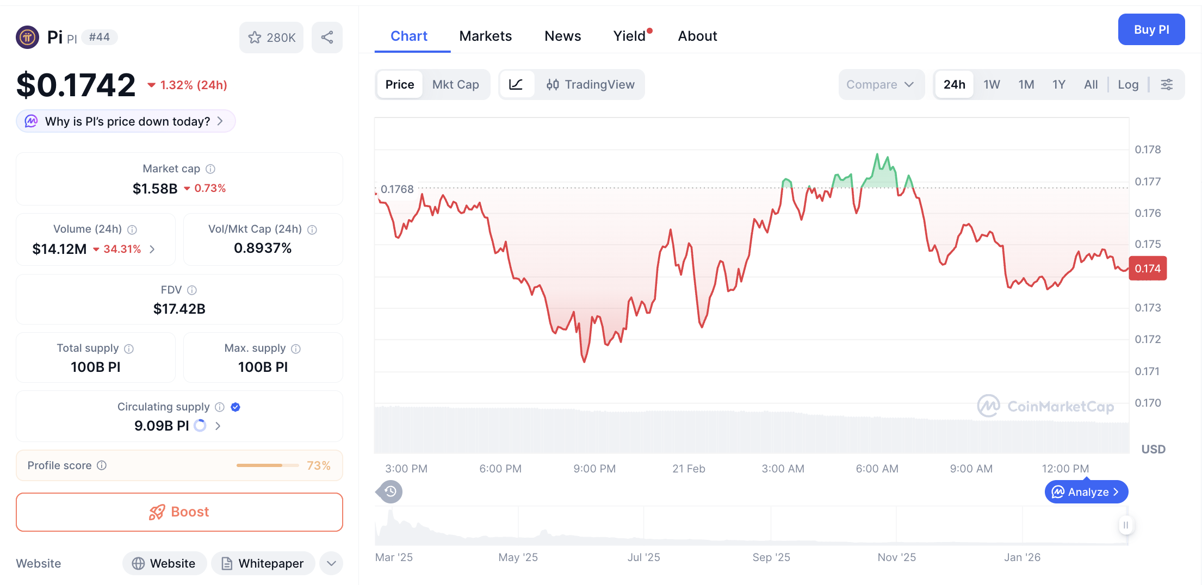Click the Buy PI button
(1151, 30)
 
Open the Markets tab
(485, 36)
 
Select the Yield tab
(630, 36)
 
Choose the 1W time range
(992, 84)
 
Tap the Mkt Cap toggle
(455, 84)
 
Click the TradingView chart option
(590, 84)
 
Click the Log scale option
(1128, 84)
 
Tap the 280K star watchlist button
(271, 38)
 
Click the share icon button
(327, 38)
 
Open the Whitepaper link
(263, 563)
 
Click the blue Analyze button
(1086, 492)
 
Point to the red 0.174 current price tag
(1148, 269)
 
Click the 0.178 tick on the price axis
(1148, 150)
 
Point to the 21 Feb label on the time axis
(689, 469)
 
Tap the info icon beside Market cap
(210, 169)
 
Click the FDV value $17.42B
(179, 309)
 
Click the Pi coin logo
(28, 37)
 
